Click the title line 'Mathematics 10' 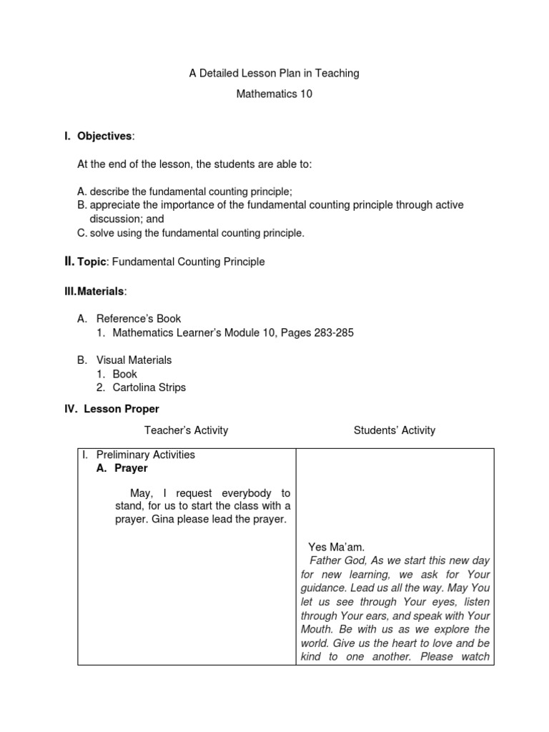(274, 94)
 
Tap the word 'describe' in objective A (110, 192)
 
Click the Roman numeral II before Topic (69, 262)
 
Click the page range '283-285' (328, 332)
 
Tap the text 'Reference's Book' (139, 319)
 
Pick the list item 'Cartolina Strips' (149, 387)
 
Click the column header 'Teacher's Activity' (186, 430)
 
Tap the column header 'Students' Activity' (394, 430)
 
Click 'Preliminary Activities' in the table (145, 455)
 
